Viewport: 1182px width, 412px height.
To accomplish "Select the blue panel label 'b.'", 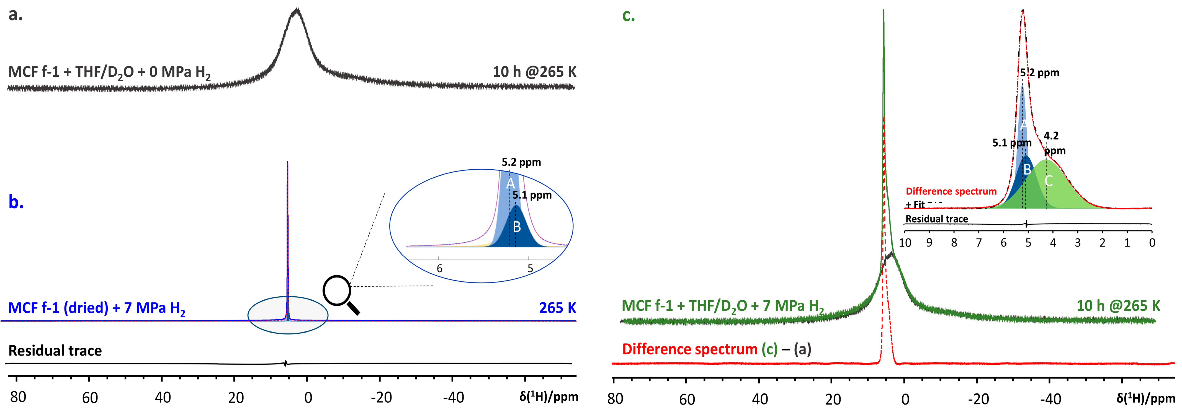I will (16, 202).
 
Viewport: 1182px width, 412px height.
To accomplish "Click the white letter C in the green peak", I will (1049, 181).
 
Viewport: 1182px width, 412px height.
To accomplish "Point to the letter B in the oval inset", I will (517, 227).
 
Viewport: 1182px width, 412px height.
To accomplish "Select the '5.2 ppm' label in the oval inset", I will (521, 162).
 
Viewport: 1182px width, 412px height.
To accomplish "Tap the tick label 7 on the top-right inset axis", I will (979, 243).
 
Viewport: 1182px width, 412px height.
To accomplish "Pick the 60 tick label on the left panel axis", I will (90, 397).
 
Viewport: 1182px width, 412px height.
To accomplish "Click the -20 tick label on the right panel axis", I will (978, 399).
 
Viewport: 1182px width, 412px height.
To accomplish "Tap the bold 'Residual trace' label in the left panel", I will (55, 351).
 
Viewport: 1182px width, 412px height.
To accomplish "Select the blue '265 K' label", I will (558, 308).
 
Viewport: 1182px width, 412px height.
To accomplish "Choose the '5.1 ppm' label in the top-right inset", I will (1012, 143).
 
